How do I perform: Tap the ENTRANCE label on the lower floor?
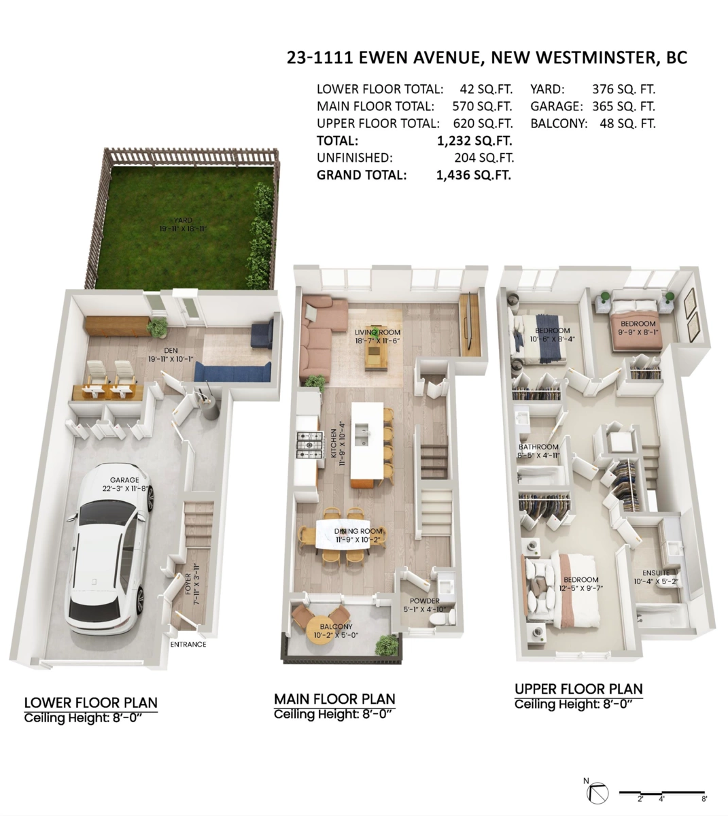pos(188,644)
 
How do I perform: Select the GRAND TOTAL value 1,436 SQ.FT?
pos(474,175)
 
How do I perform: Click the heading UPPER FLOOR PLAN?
pos(578,688)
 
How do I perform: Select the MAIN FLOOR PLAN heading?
pos(334,698)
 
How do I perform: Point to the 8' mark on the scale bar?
pos(704,798)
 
